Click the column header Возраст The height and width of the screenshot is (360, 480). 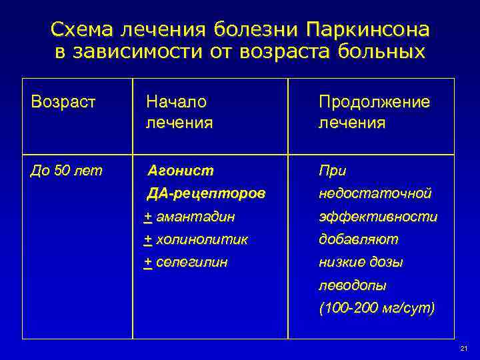[x=64, y=102]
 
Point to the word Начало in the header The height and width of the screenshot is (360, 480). [x=177, y=102]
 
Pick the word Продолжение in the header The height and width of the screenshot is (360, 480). [x=374, y=102]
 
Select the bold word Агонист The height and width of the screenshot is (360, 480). [x=180, y=171]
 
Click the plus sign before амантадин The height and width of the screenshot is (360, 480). [x=148, y=217]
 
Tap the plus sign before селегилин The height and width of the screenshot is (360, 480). [x=148, y=262]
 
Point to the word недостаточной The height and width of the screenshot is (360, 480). [x=375, y=193]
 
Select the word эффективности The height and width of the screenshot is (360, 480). [x=378, y=217]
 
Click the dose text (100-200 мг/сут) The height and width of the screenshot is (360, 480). [x=377, y=308]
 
